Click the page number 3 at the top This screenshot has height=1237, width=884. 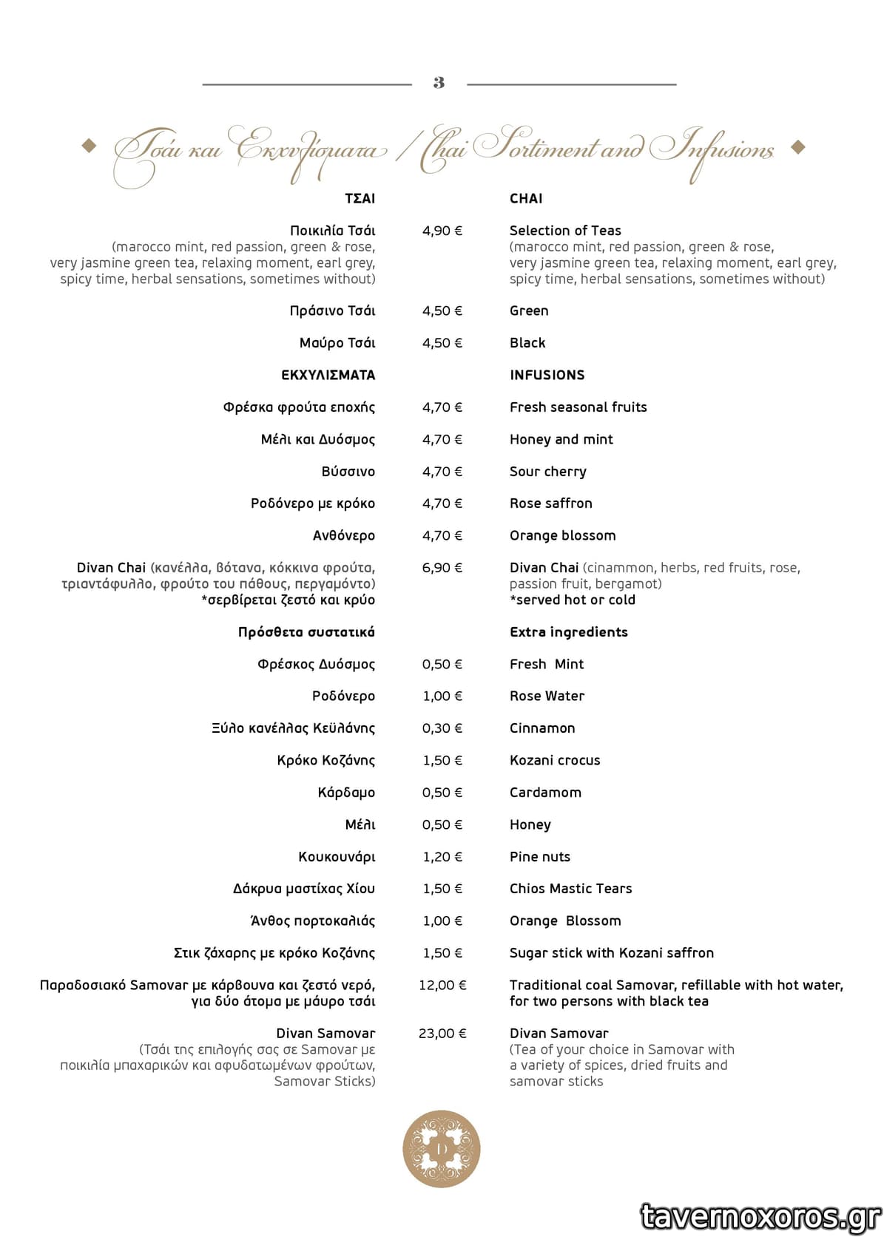[439, 83]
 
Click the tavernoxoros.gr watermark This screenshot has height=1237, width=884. [760, 1216]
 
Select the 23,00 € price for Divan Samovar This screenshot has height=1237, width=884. [442, 1033]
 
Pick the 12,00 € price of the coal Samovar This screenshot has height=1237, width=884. [442, 985]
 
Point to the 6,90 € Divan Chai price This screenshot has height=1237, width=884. [442, 568]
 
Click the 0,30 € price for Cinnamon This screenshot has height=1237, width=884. [442, 728]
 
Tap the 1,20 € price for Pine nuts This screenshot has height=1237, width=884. [442, 857]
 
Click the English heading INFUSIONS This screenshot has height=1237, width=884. [547, 375]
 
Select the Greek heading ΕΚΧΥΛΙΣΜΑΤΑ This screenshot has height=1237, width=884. [328, 375]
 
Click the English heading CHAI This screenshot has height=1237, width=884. [526, 198]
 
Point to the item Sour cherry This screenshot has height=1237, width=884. [547, 472]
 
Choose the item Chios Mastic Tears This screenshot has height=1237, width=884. [570, 889]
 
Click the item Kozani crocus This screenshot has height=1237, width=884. [555, 760]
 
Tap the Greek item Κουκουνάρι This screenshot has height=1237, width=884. [337, 857]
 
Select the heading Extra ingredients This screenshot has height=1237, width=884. [568, 632]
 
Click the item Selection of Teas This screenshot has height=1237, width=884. [565, 231]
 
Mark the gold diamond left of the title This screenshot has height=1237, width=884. [89, 146]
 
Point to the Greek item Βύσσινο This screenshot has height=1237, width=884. [348, 472]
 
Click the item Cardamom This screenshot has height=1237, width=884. [545, 793]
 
